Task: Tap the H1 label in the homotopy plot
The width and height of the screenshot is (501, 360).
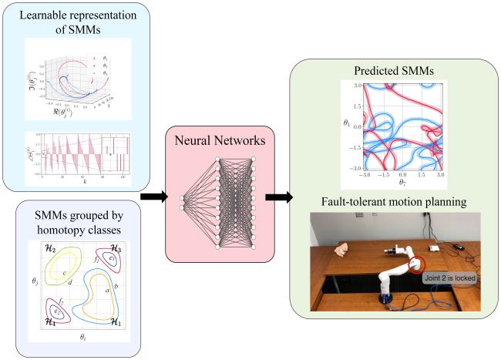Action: click(118, 318)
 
